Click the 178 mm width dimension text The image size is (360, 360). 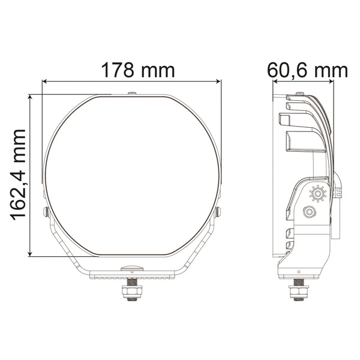point(137,70)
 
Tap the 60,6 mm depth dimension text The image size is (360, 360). point(308,70)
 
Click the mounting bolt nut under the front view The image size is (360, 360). point(131,291)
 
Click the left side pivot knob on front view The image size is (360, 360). point(46,211)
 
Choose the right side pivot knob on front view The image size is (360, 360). point(218,211)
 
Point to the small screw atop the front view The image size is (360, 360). point(132,93)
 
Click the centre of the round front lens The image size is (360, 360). point(132,174)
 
